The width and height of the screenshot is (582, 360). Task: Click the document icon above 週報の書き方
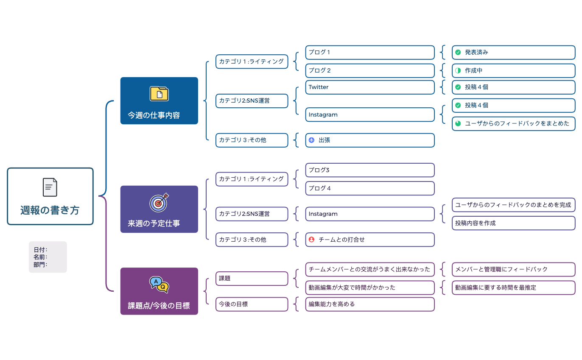pyautogui.click(x=50, y=187)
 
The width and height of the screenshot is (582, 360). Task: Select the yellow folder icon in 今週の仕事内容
pyautogui.click(x=159, y=93)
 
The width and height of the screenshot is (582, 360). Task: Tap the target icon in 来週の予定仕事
pyautogui.click(x=159, y=203)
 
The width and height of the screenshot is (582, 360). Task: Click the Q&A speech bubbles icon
pyautogui.click(x=159, y=285)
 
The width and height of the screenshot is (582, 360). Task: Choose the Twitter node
pyautogui.click(x=370, y=87)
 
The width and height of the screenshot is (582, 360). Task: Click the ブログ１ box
pyautogui.click(x=370, y=52)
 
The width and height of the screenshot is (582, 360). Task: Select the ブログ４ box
pyautogui.click(x=370, y=188)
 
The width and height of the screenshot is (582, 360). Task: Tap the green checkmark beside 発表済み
pyautogui.click(x=458, y=52)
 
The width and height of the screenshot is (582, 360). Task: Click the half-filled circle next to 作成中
pyautogui.click(x=458, y=70)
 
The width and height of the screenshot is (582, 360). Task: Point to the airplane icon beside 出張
pyautogui.click(x=312, y=140)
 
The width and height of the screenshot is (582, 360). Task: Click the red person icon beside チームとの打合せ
pyautogui.click(x=312, y=240)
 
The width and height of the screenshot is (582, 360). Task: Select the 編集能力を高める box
pyautogui.click(x=370, y=304)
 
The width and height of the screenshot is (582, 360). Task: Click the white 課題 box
pyautogui.click(x=252, y=279)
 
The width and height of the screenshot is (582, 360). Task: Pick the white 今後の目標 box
pyautogui.click(x=252, y=304)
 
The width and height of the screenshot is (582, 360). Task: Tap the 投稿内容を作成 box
pyautogui.click(x=513, y=223)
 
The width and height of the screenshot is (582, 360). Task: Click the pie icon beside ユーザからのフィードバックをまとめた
pyautogui.click(x=458, y=123)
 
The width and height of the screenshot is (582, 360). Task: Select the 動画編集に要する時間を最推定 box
pyautogui.click(x=513, y=287)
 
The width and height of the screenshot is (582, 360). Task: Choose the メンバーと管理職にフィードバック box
pyautogui.click(x=513, y=269)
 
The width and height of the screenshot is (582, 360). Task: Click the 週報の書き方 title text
pyautogui.click(x=50, y=210)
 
